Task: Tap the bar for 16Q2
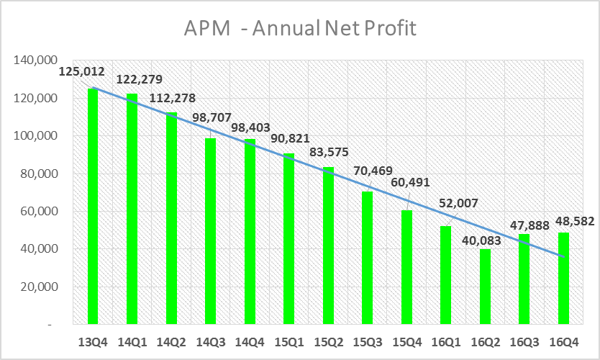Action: click(x=485, y=287)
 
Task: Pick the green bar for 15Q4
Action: click(x=406, y=267)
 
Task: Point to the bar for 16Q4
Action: click(x=563, y=279)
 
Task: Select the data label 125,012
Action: click(x=81, y=72)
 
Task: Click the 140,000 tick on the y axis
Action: click(x=35, y=60)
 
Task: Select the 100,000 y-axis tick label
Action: click(x=35, y=136)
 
